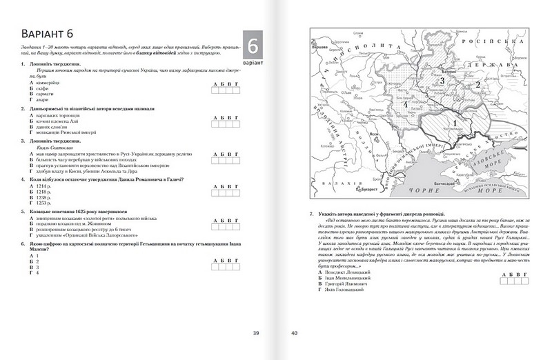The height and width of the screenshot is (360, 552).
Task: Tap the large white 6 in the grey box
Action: pyautogui.click(x=253, y=47)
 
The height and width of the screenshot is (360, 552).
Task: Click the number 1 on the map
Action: pyautogui.click(x=455, y=122)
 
